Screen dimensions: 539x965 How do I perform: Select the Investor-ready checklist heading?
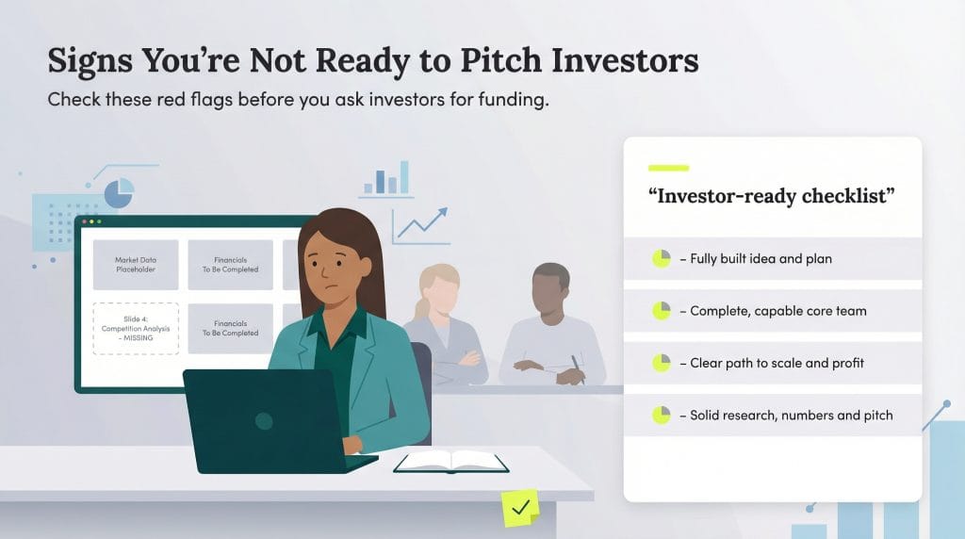point(771,196)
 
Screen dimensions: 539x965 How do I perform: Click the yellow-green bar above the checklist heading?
point(668,168)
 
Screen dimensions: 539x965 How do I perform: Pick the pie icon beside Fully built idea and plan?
point(661,258)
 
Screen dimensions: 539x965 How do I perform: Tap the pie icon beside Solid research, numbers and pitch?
point(661,415)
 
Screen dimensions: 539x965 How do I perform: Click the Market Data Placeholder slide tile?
point(135,264)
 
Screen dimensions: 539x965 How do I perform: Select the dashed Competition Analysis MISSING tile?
point(135,327)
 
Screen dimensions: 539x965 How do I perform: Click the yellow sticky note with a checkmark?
point(519,508)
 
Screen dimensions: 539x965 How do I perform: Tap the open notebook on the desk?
point(450,462)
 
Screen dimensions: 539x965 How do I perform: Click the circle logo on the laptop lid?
point(264,421)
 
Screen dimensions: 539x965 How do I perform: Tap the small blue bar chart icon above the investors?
point(386,178)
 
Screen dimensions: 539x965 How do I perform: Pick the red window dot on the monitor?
point(86,222)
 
